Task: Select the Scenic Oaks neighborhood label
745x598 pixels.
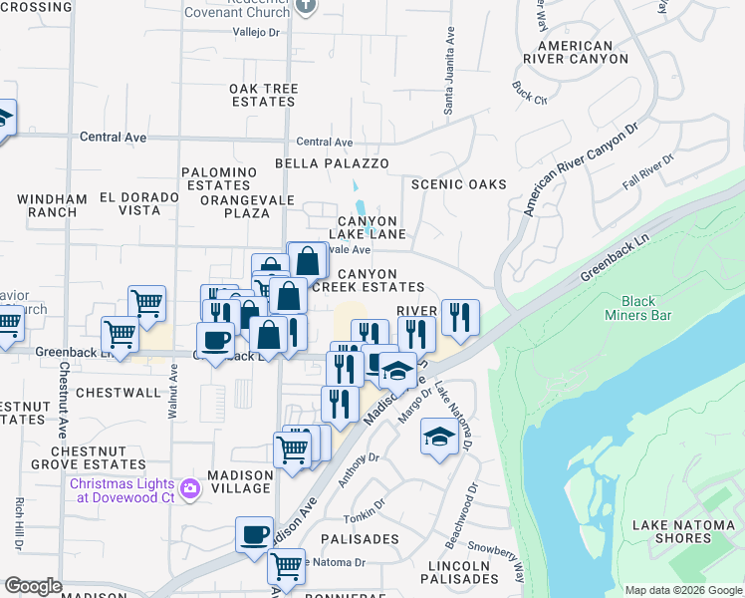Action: pos(459,184)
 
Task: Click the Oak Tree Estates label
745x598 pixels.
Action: pos(264,95)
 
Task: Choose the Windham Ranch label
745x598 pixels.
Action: pos(47,205)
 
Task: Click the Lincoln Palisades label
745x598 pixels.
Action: pos(457,572)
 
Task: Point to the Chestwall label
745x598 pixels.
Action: pos(118,393)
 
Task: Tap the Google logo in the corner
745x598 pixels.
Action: pos(33,586)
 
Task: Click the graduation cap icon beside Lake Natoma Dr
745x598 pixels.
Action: pos(439,437)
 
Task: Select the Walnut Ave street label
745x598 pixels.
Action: pos(173,390)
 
